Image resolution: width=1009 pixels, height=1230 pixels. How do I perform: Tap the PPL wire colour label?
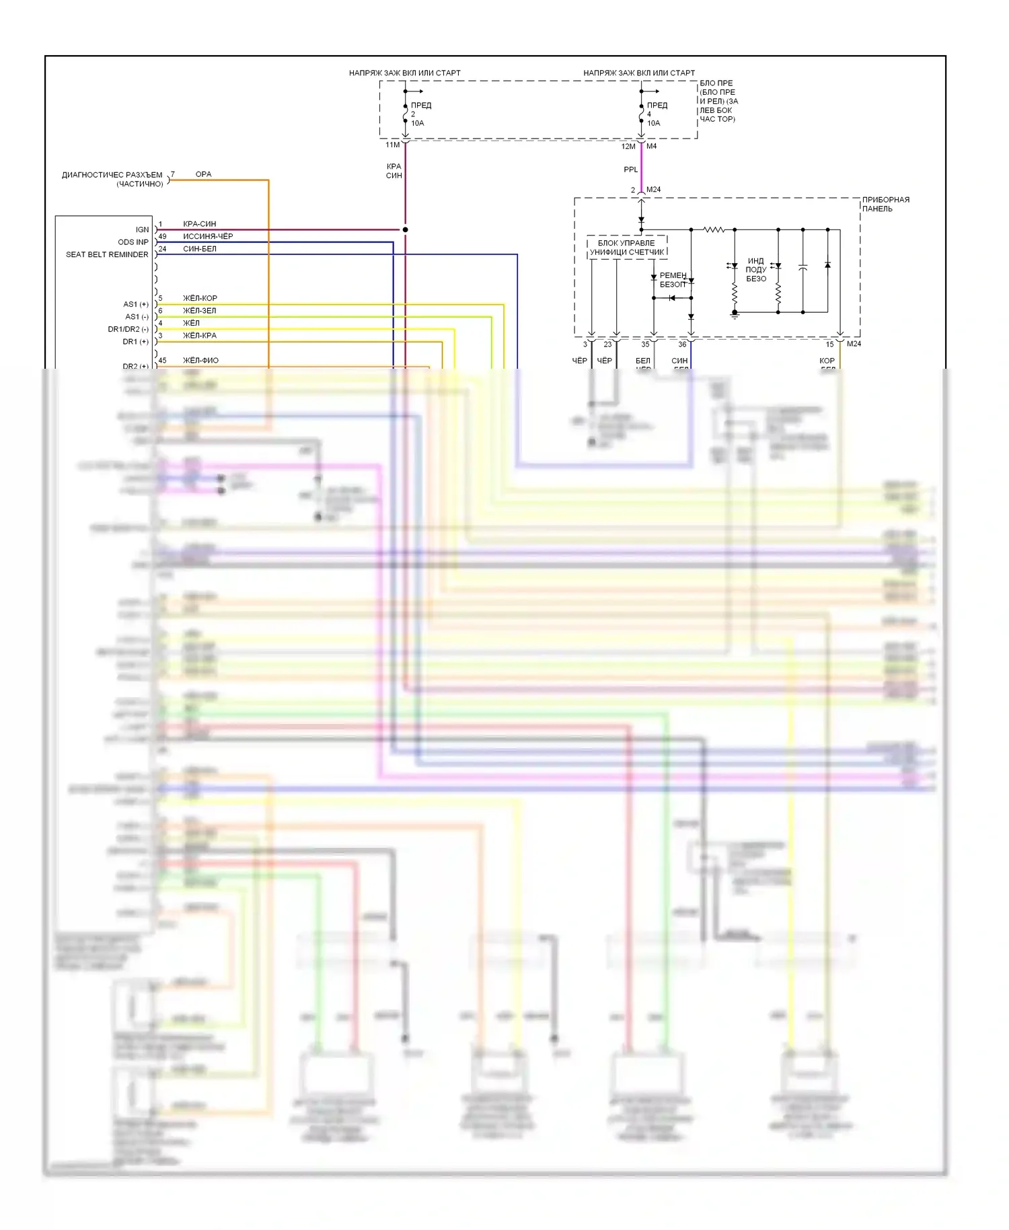[x=630, y=170]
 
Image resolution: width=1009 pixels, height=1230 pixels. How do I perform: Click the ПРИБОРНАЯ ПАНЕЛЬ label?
[x=885, y=204]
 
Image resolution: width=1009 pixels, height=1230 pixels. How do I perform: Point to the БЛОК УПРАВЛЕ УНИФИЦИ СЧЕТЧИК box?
[x=627, y=248]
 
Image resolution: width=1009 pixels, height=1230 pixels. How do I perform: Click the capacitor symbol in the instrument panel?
[x=802, y=268]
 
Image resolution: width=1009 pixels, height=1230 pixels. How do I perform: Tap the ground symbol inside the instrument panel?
[x=735, y=315]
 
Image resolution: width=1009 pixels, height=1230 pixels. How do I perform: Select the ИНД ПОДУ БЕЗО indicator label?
[x=756, y=269]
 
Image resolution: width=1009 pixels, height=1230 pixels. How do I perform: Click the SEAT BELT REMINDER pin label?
[x=107, y=254]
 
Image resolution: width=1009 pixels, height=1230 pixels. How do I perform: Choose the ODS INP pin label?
[x=133, y=242]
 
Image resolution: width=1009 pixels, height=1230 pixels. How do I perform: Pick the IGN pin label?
[x=142, y=229]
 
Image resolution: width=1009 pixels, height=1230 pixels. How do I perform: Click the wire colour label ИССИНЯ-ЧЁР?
[x=208, y=236]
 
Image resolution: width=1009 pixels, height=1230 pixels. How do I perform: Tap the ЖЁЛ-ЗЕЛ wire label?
[x=200, y=311]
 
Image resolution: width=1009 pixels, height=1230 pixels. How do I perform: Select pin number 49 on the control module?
[x=162, y=236]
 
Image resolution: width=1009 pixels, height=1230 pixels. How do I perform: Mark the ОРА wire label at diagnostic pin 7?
[x=203, y=174]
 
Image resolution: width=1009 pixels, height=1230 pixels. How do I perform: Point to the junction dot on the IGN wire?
[x=405, y=229]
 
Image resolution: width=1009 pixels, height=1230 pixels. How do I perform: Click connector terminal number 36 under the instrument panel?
[x=682, y=344]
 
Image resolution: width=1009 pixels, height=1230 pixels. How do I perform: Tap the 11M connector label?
[x=392, y=145]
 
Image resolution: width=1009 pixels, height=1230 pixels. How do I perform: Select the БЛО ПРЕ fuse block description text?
[x=718, y=101]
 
